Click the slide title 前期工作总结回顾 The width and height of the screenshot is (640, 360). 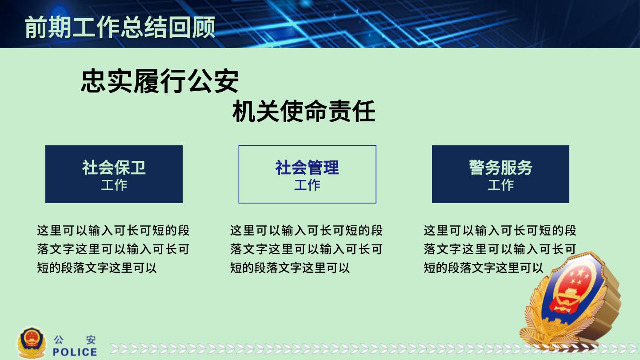120,27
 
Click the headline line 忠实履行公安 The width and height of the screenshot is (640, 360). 160,81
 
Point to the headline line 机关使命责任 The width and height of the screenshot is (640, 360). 304,111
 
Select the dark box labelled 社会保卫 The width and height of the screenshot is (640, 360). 114,174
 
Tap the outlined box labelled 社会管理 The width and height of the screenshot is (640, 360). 307,174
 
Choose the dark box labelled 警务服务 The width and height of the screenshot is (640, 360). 500,174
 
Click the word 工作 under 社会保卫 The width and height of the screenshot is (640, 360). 114,185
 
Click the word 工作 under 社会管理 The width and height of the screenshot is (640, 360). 307,185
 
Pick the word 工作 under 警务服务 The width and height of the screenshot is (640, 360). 500,185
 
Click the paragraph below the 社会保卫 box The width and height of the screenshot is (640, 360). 113,249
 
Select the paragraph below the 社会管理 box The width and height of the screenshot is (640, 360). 306,249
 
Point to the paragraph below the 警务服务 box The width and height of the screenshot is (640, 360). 500,249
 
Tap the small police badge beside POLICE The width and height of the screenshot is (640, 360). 32,343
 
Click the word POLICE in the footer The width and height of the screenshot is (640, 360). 75,352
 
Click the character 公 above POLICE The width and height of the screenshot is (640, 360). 58,340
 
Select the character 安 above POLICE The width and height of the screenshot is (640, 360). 91,340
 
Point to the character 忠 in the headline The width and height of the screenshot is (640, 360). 93,81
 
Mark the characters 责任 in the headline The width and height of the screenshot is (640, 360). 352,111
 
